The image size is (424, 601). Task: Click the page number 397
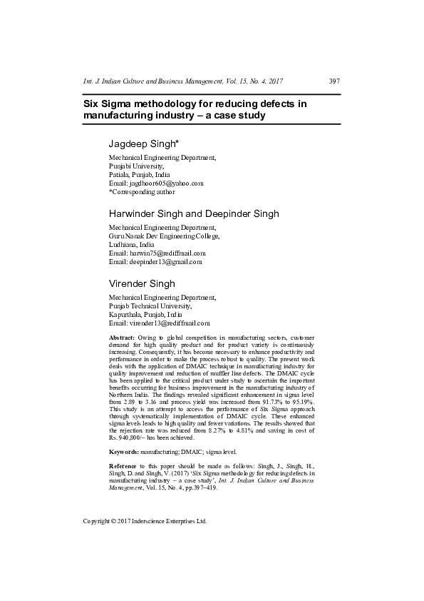pyautogui.click(x=334, y=81)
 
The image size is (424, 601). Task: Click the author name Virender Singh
pyautogui.click(x=142, y=283)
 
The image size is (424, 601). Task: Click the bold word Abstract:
pyautogui.click(x=122, y=336)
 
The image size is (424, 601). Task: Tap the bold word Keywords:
pyautogui.click(x=123, y=452)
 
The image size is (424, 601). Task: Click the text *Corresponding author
pyautogui.click(x=142, y=192)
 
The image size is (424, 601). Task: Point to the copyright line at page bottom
pyautogui.click(x=145, y=522)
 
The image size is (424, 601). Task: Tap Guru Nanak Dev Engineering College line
pyautogui.click(x=164, y=236)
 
